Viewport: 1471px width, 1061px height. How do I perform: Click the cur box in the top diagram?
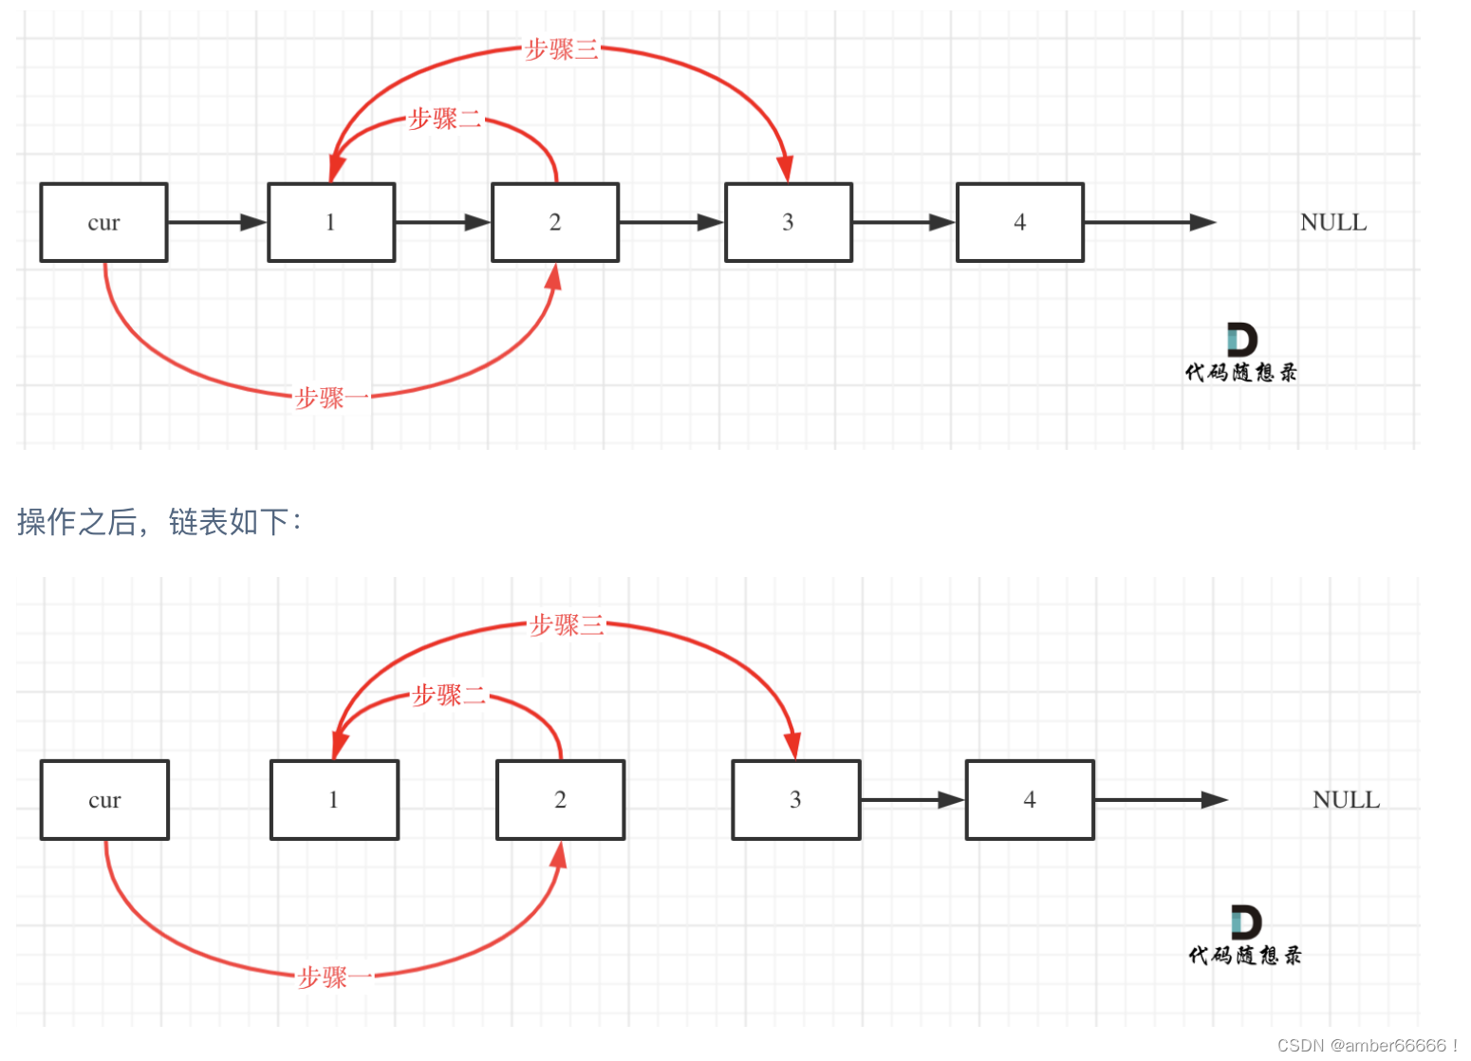[x=103, y=222]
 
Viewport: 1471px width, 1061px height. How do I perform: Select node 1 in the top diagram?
[x=331, y=222]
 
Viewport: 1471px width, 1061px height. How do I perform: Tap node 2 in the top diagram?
[x=555, y=222]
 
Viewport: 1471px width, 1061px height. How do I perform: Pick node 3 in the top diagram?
[x=789, y=222]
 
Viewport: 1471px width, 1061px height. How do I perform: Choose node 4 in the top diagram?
[x=1020, y=222]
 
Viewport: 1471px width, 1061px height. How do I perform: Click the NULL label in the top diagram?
[x=1333, y=222]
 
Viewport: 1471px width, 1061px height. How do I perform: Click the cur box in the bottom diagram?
[x=104, y=800]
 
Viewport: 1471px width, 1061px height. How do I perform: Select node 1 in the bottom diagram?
[x=334, y=800]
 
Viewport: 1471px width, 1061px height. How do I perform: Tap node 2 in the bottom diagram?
[x=560, y=800]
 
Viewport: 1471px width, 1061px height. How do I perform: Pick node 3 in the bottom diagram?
[x=795, y=800]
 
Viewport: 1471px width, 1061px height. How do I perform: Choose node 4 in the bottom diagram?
[x=1030, y=800]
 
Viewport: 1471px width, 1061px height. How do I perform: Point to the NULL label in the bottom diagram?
[x=1346, y=800]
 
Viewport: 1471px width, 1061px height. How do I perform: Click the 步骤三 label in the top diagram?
[x=562, y=48]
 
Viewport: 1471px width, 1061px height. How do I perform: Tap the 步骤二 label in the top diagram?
[x=445, y=120]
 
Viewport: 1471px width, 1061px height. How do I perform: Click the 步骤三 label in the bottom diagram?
[x=567, y=624]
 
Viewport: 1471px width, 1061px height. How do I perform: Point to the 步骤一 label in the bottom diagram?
[x=335, y=977]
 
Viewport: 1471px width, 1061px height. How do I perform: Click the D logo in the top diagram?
[x=1241, y=340]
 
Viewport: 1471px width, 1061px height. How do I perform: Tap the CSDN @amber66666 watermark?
[x=1367, y=1045]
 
